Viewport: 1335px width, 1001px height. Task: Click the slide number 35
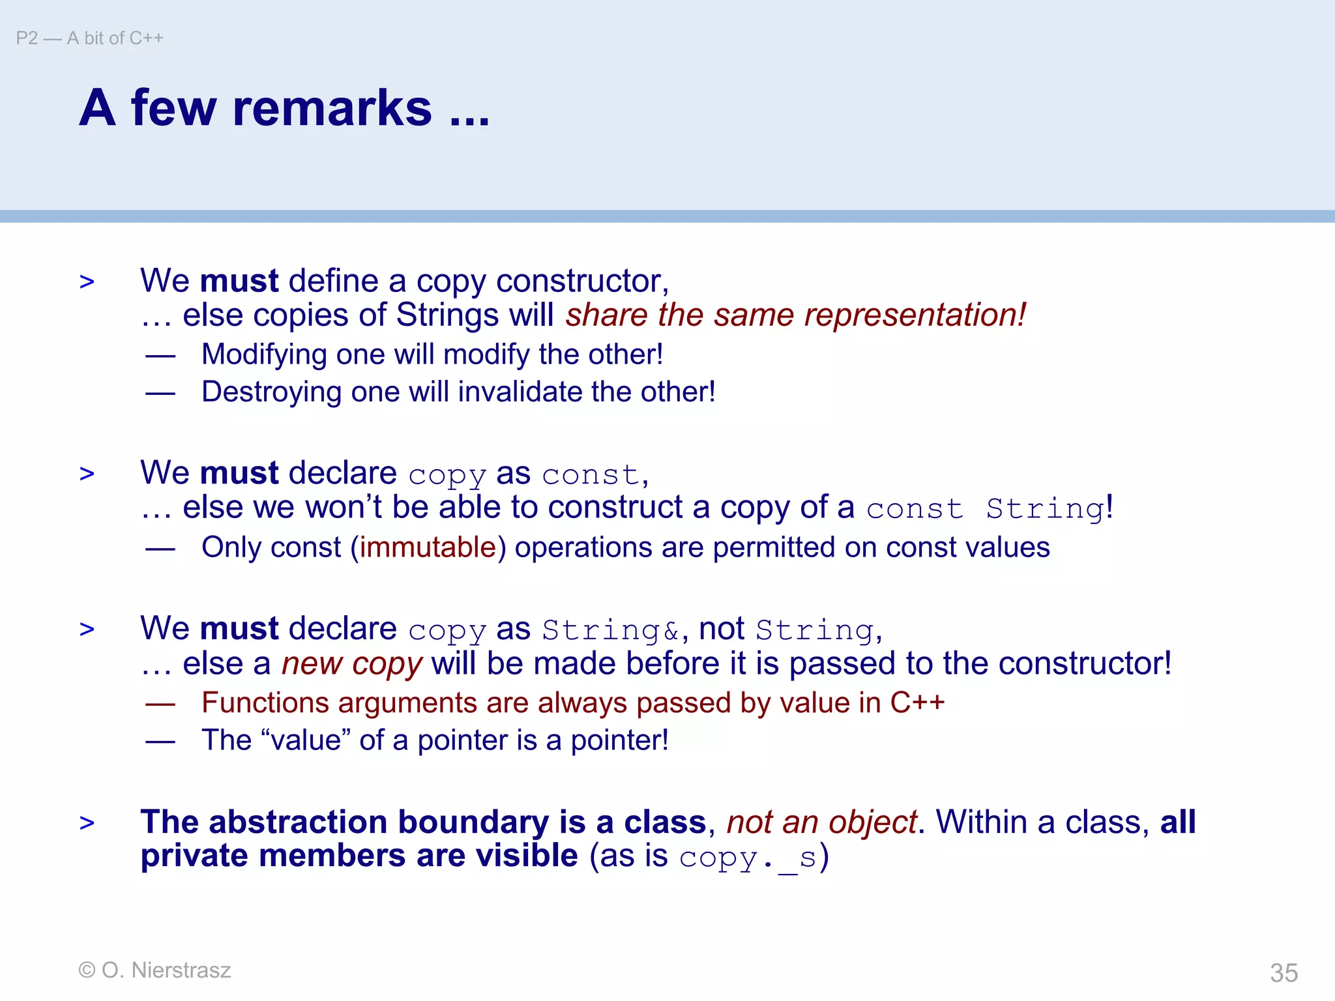coord(1284,973)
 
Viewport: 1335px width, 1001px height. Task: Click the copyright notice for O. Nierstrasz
coord(154,970)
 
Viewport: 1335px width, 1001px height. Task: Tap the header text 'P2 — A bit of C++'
coord(89,38)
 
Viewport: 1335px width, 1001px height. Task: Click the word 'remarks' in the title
coord(332,108)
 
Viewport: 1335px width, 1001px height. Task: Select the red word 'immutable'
coord(428,547)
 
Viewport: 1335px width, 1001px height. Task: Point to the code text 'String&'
coord(610,630)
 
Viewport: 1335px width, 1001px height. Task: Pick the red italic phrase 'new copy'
coord(352,664)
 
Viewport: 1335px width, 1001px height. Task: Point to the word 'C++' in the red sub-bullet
coord(917,703)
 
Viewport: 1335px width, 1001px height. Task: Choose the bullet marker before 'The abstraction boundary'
coord(87,823)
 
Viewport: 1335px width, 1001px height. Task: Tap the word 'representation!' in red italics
coord(915,315)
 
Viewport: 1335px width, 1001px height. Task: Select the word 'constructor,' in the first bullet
coord(582,282)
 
